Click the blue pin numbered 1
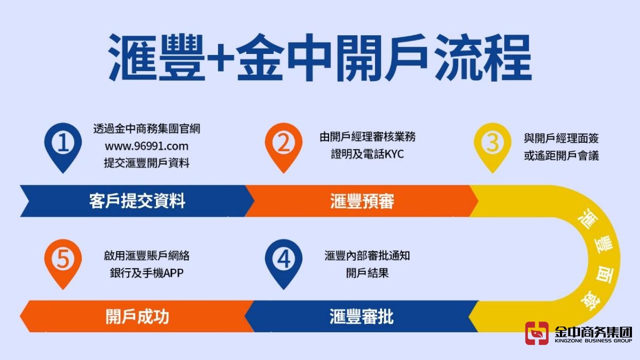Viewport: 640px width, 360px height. [x=63, y=144]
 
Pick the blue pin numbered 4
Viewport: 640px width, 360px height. [x=283, y=260]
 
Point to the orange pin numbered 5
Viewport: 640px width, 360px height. [x=63, y=260]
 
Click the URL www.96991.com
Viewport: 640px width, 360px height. [x=146, y=146]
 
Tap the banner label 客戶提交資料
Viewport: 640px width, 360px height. [x=137, y=201]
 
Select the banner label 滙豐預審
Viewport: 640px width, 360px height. [x=362, y=201]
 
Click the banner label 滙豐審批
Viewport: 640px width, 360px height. [x=362, y=316]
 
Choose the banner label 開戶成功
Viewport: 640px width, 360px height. [x=137, y=316]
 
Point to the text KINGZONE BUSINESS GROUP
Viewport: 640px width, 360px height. [x=594, y=340]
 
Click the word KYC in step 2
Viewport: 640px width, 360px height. [x=393, y=154]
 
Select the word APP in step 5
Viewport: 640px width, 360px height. [x=173, y=272]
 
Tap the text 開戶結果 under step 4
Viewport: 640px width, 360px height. [x=367, y=272]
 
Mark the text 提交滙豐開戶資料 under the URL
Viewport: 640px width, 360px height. [x=146, y=163]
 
